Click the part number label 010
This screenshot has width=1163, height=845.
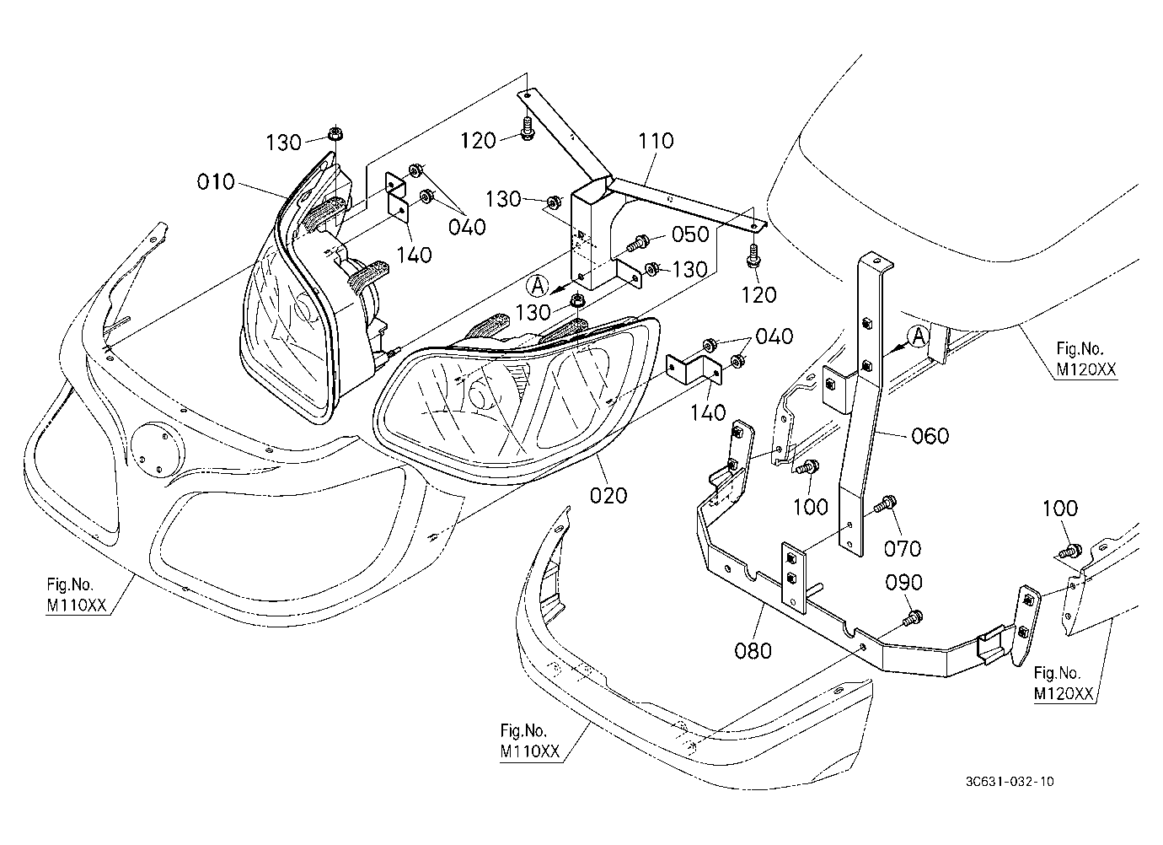(x=216, y=182)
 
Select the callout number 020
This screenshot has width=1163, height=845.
(x=608, y=495)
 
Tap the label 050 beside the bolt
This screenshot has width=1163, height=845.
(x=690, y=234)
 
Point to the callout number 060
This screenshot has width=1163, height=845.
(x=930, y=435)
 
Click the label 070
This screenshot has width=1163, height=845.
(x=903, y=548)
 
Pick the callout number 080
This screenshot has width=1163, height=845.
(x=753, y=650)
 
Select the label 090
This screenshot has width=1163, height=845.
(x=904, y=583)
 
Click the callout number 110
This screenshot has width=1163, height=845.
(x=657, y=140)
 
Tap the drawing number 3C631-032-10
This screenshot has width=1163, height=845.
(x=1010, y=782)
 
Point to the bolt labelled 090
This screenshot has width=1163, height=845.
(x=912, y=618)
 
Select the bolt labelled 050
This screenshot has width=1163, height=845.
(x=637, y=242)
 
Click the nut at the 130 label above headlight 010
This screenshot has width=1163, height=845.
(x=335, y=132)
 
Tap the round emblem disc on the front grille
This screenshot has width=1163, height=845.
(x=158, y=450)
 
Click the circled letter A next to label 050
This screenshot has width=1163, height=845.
(x=538, y=285)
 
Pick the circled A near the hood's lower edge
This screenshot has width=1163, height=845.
(x=919, y=336)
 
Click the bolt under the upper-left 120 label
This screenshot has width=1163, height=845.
(x=528, y=129)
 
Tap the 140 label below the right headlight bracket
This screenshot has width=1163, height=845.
(x=708, y=412)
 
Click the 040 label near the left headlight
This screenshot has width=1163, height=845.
(x=467, y=227)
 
